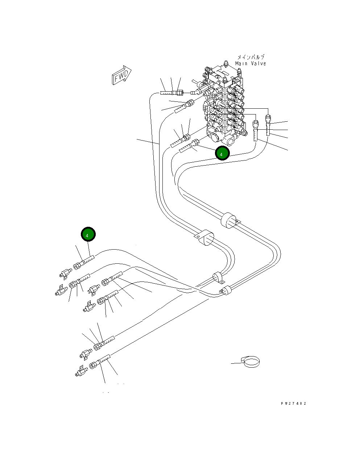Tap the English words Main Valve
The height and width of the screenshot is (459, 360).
point(251,64)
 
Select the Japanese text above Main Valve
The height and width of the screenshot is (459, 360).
point(251,57)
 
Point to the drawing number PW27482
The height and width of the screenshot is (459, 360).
point(293,403)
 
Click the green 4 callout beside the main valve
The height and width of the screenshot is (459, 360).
point(222,153)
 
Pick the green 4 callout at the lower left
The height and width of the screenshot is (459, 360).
point(88,234)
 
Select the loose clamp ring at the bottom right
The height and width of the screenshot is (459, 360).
point(251,362)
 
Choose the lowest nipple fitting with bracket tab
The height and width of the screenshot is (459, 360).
point(80,371)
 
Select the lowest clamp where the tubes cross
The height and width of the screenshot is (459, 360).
point(227,290)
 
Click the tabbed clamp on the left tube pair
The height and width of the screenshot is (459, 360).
point(204,237)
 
